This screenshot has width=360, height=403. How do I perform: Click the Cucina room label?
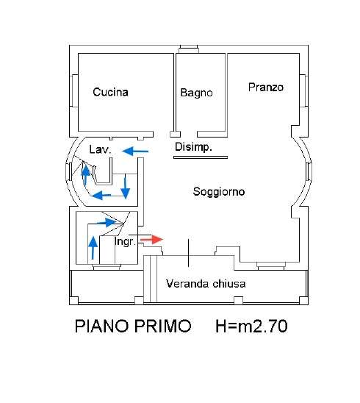[x=110, y=92]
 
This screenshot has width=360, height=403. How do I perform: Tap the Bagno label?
[x=196, y=93]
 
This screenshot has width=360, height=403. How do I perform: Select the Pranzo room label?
[x=266, y=88]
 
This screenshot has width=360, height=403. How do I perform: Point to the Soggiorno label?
[x=219, y=192]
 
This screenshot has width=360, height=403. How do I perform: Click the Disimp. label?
[x=193, y=147]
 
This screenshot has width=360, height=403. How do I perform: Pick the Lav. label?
[x=100, y=149]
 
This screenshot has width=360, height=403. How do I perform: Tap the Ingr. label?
[x=125, y=242]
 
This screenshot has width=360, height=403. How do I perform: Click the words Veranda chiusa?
[x=206, y=284]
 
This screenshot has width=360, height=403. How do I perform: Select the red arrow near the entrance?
[x=151, y=240]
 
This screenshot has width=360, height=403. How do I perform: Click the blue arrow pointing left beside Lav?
[x=135, y=151]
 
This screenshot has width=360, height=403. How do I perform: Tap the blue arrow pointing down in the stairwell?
[x=126, y=187]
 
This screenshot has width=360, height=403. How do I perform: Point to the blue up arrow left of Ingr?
[x=93, y=248]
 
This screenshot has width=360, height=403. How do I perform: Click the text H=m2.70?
[x=251, y=326]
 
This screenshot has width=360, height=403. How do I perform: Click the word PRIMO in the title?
[x=163, y=326]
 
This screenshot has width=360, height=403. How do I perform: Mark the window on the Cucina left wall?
[x=74, y=90]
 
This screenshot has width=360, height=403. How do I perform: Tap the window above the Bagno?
[x=189, y=49]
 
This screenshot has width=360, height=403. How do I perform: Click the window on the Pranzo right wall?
[x=303, y=90]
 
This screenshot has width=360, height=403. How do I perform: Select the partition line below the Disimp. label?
[x=201, y=157]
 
